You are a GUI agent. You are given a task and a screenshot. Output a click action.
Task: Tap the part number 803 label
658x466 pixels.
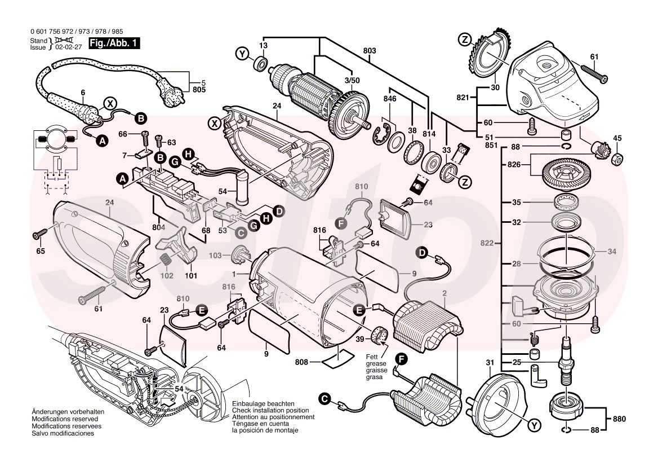[370, 51]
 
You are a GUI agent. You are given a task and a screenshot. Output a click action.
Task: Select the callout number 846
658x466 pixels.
[390, 99]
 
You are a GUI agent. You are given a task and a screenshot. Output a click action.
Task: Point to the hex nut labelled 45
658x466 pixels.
[617, 159]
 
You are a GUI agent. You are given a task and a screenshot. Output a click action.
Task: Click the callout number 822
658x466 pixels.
[488, 244]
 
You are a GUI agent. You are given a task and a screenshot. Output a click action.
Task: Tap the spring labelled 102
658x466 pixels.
[166, 261]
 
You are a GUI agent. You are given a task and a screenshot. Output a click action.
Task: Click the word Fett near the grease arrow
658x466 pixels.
[371, 357]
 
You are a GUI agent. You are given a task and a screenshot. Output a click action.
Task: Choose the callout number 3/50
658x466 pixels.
[352, 81]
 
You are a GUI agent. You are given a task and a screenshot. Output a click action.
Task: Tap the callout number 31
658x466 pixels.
[490, 362]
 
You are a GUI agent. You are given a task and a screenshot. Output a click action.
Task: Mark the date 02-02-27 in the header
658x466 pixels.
[67, 48]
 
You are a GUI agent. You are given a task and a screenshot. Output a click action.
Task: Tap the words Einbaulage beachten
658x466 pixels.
[263, 404]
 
